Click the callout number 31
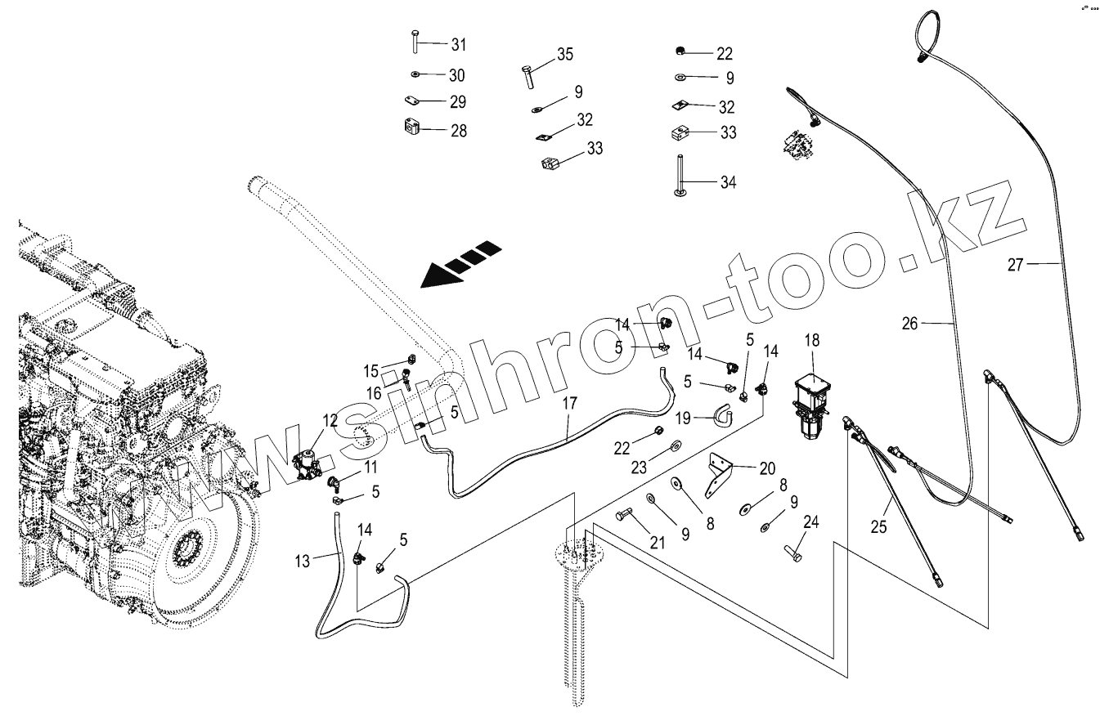point(458,44)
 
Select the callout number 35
point(564,55)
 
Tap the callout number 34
point(727,182)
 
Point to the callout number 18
point(812,339)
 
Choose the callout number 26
point(910,324)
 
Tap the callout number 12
point(330,421)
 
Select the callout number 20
point(766,468)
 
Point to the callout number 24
point(810,521)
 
